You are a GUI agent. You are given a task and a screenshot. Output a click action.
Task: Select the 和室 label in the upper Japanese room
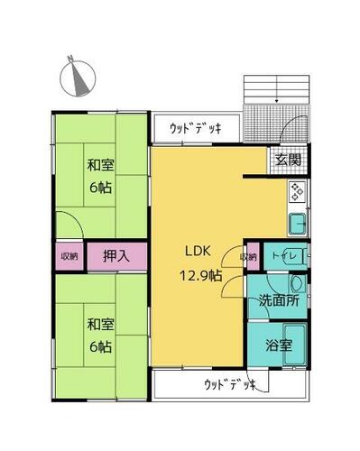(100, 166)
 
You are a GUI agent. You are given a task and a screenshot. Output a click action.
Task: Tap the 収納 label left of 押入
(69, 256)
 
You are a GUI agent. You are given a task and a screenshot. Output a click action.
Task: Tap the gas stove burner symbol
(298, 191)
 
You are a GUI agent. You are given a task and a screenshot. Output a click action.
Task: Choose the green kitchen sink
(297, 223)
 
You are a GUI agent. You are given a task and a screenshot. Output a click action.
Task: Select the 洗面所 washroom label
(280, 301)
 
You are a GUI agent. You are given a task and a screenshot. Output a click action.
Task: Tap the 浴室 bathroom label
(277, 344)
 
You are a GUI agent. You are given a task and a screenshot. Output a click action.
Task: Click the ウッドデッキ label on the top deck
(196, 129)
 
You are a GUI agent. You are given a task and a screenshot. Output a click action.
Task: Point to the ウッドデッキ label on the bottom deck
(228, 385)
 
